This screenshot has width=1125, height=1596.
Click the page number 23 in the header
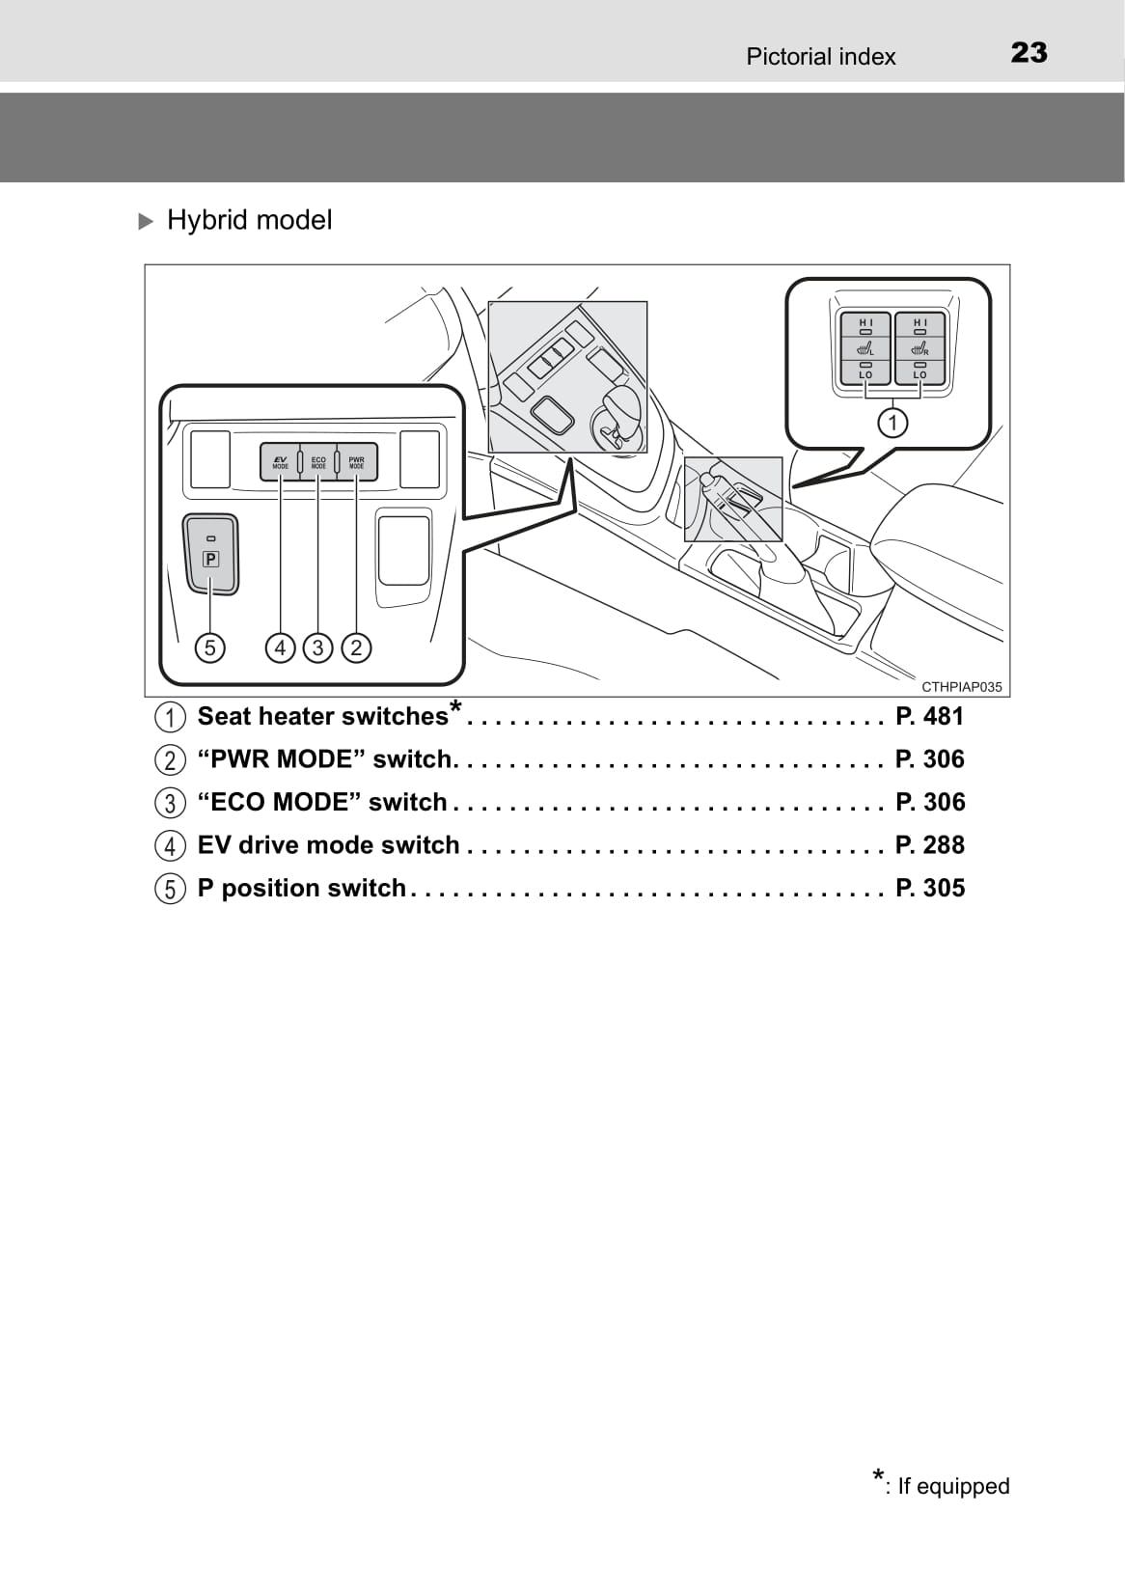[1029, 53]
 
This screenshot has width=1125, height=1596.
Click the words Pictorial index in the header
[821, 56]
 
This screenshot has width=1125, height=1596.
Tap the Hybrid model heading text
[249, 220]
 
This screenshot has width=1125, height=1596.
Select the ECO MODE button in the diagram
[318, 462]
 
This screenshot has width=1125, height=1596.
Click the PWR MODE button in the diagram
[356, 462]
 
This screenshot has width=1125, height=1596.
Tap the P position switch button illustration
[211, 554]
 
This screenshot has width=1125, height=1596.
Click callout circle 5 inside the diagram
[209, 647]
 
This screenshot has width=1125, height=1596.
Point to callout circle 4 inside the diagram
[280, 647]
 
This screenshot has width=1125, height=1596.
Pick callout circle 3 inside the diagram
[317, 647]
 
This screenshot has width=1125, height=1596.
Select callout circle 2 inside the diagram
[356, 647]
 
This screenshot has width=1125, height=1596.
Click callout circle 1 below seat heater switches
[892, 423]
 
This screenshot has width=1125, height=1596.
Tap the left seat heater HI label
[865, 322]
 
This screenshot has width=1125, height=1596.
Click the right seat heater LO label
[919, 374]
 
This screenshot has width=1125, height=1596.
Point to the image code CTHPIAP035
[961, 687]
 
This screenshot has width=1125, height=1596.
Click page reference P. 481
[930, 716]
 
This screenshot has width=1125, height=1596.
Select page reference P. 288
[930, 845]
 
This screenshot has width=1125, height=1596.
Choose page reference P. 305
[930, 888]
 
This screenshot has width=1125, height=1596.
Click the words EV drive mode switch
[328, 845]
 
